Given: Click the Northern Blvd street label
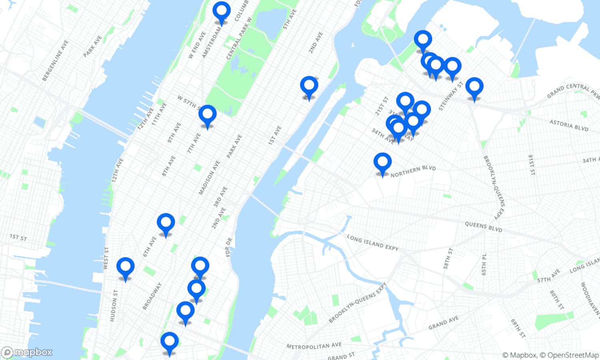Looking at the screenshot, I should pyautogui.click(x=413, y=171).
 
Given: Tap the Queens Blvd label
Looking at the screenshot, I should pyautogui.click(x=483, y=227).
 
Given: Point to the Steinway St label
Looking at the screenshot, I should pyautogui.click(x=451, y=96).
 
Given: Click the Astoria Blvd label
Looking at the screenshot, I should pyautogui.click(x=568, y=125).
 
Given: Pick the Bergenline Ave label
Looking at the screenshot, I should pyautogui.click(x=55, y=60).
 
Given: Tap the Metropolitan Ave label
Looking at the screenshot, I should pyautogui.click(x=314, y=346).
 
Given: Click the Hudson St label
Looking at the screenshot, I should pyautogui.click(x=114, y=305).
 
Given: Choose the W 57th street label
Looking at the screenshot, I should pyautogui.click(x=187, y=102).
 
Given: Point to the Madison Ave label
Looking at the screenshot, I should pyautogui.click(x=210, y=178).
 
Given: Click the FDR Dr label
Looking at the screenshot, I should pyautogui.click(x=228, y=247).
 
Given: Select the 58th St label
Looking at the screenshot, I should pyautogui.click(x=448, y=258).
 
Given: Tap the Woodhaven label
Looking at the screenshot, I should pyautogui.click(x=590, y=298).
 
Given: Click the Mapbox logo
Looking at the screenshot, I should pyautogui.click(x=27, y=352).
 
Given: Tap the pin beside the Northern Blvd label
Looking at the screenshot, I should pyautogui.click(x=382, y=163).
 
